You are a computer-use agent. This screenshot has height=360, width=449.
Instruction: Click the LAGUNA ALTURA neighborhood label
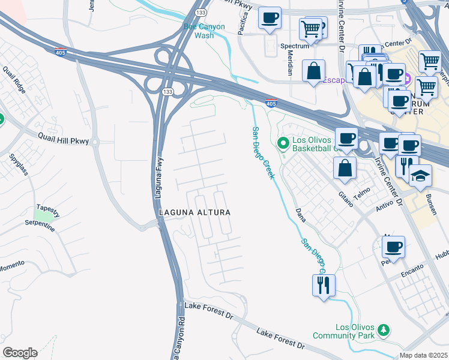[194, 212]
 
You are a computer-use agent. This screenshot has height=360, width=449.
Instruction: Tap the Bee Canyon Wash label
[203, 31]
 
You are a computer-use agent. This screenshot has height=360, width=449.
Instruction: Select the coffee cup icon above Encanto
[393, 246]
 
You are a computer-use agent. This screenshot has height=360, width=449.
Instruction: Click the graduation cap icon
[421, 175]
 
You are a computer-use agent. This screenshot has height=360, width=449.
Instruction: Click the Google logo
[20, 353]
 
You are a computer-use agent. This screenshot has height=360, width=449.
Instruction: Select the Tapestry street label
[47, 210]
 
